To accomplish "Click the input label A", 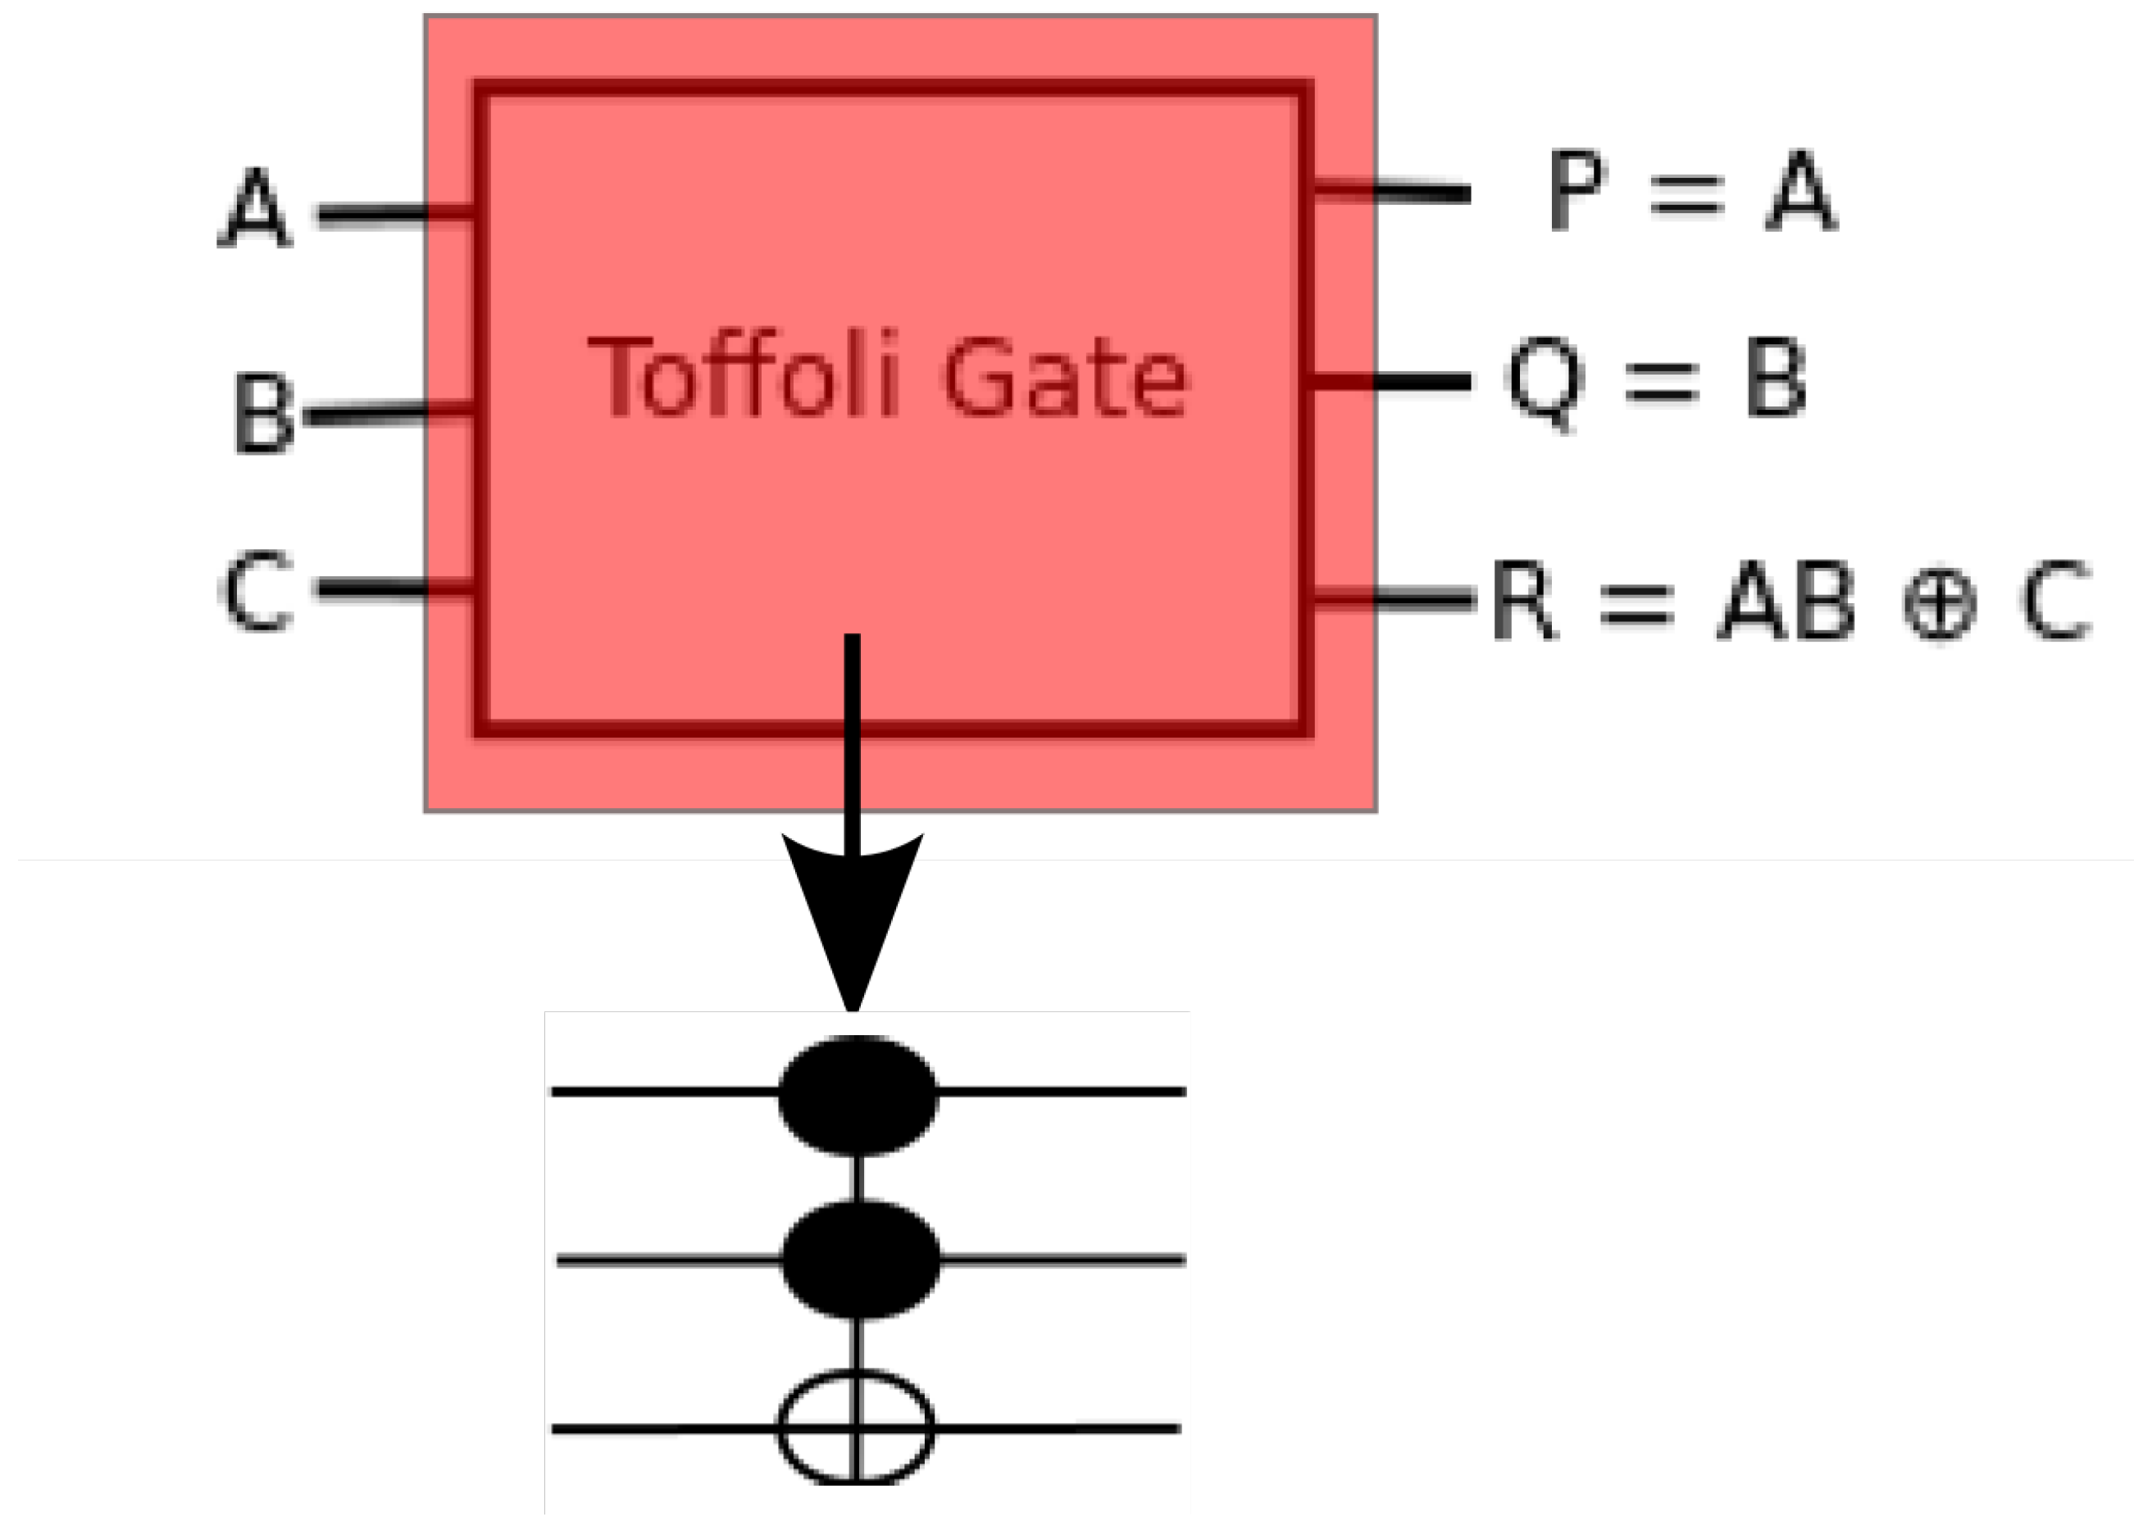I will (x=255, y=209).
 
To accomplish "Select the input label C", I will (x=256, y=591).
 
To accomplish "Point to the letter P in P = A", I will (x=1576, y=190).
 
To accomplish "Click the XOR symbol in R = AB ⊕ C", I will (x=1939, y=603).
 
